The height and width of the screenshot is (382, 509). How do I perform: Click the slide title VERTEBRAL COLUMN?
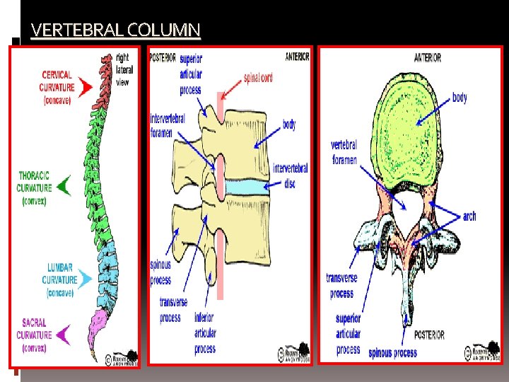[116, 30]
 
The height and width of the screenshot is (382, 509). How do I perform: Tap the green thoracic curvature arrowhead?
[64, 186]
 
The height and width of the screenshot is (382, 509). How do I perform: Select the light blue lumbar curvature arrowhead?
[86, 279]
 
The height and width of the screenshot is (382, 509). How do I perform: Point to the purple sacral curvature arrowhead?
[64, 333]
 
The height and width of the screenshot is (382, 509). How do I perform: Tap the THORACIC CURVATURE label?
[34, 187]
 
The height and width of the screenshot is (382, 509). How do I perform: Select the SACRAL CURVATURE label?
[34, 334]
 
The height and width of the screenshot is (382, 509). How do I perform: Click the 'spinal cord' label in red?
[257, 78]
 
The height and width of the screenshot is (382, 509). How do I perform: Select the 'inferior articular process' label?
[204, 332]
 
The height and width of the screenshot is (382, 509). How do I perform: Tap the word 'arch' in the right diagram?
[469, 216]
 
